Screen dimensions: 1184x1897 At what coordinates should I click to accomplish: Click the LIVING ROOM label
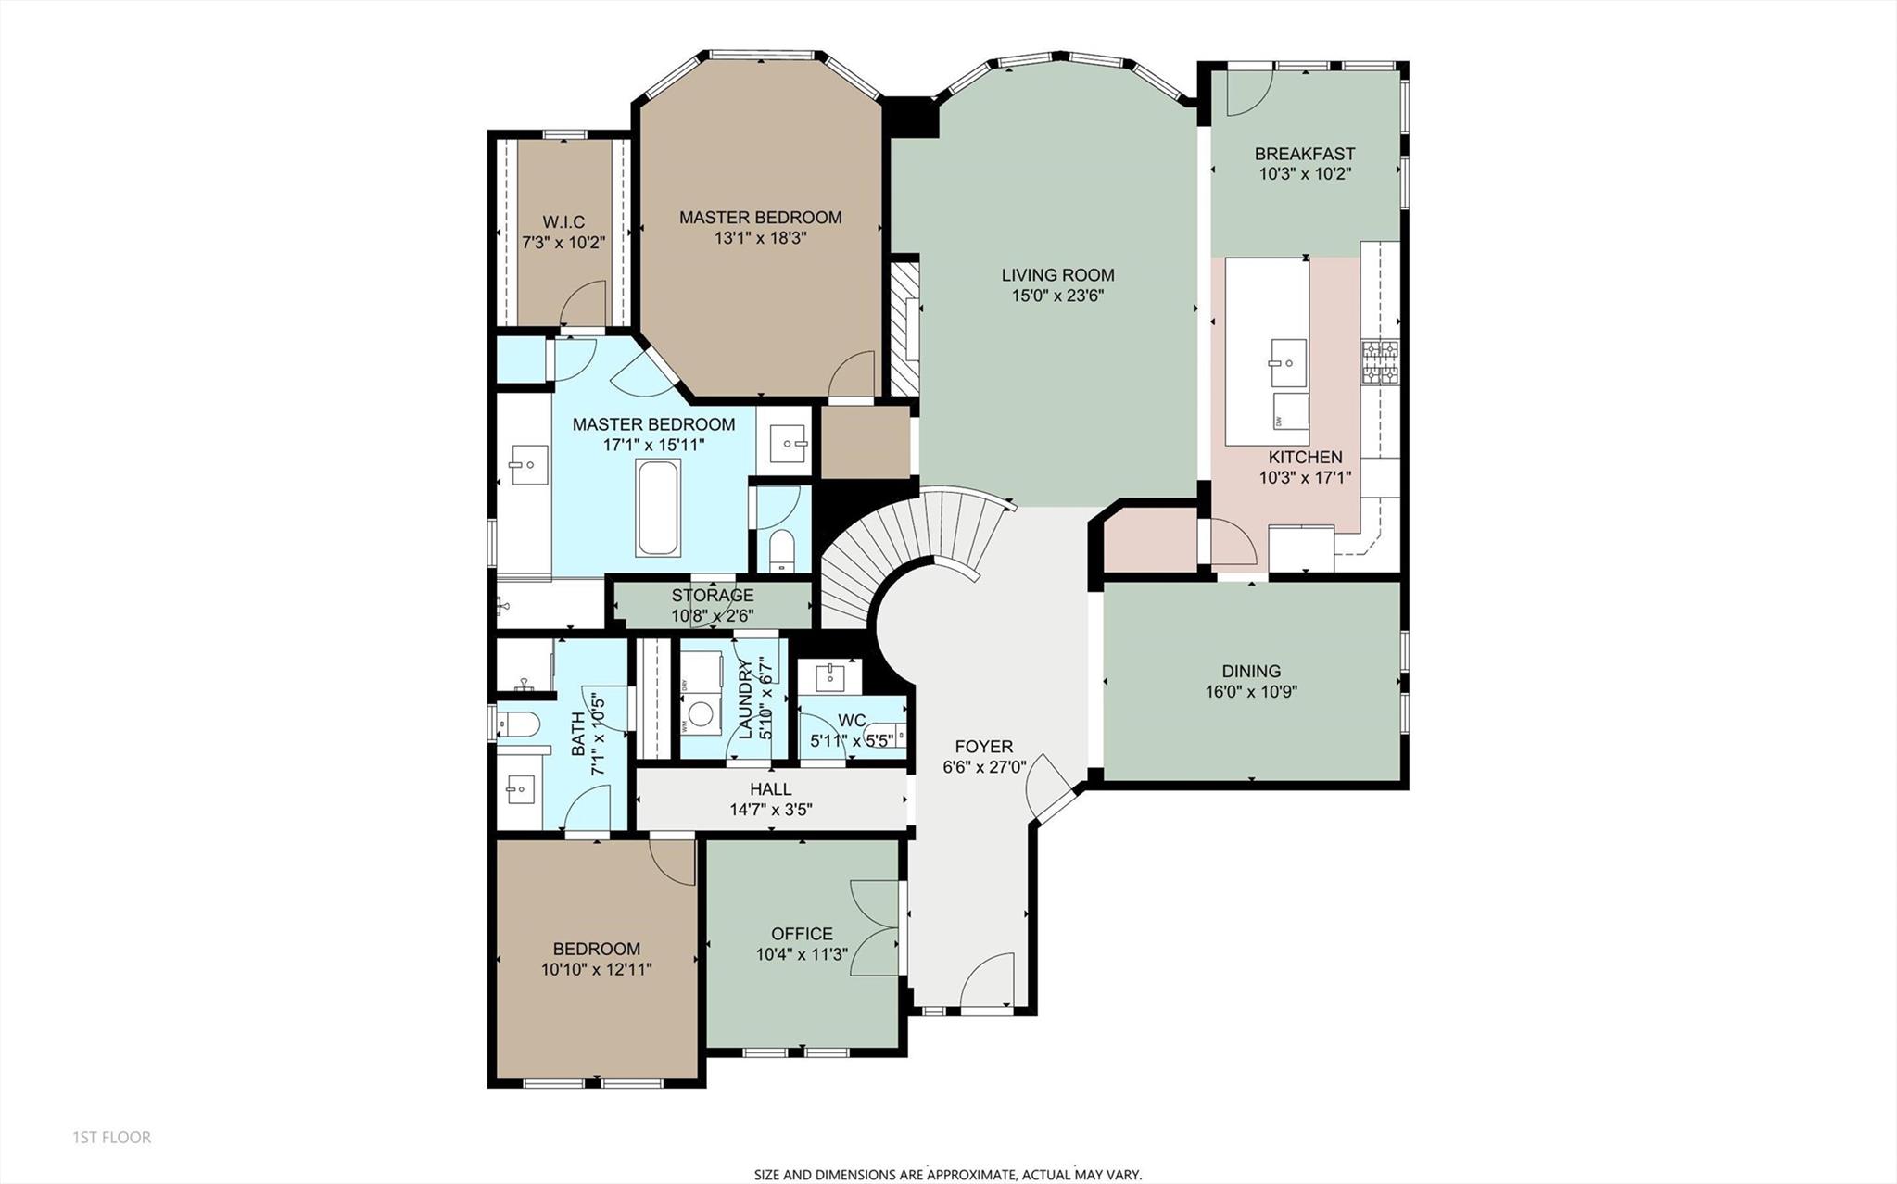pyautogui.click(x=1057, y=275)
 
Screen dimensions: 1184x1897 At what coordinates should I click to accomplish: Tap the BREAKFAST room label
pyautogui.click(x=1304, y=154)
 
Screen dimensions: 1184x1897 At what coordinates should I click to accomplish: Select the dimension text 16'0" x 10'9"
pyautogui.click(x=1251, y=691)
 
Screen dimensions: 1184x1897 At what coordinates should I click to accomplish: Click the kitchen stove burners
pyautogui.click(x=1379, y=362)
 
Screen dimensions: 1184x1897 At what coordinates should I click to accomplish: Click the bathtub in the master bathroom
pyautogui.click(x=658, y=507)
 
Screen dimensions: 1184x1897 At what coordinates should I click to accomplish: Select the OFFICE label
pyautogui.click(x=802, y=934)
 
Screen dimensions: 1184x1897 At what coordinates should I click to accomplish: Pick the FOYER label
pyautogui.click(x=984, y=747)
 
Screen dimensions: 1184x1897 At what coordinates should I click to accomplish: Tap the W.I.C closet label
pyautogui.click(x=563, y=222)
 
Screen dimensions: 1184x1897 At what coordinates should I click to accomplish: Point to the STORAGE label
pyautogui.click(x=712, y=596)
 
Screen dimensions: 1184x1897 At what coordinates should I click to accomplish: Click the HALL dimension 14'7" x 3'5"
pyautogui.click(x=770, y=809)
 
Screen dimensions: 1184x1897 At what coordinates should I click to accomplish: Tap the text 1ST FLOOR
pyautogui.click(x=112, y=1137)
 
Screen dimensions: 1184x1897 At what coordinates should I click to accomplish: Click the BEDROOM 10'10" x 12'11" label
pyautogui.click(x=596, y=949)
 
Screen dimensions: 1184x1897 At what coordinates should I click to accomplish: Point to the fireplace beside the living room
pyautogui.click(x=904, y=329)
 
